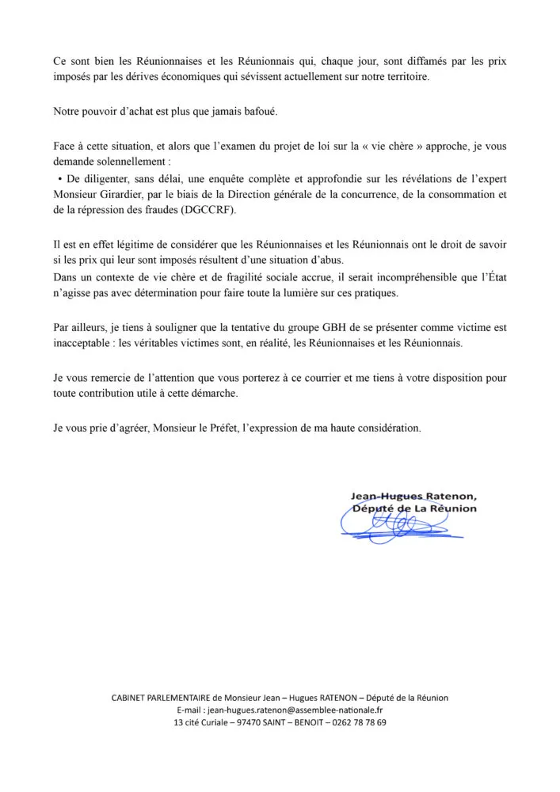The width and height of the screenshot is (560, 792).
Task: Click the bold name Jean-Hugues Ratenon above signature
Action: [413, 496]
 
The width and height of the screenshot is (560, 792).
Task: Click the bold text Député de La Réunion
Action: [414, 508]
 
